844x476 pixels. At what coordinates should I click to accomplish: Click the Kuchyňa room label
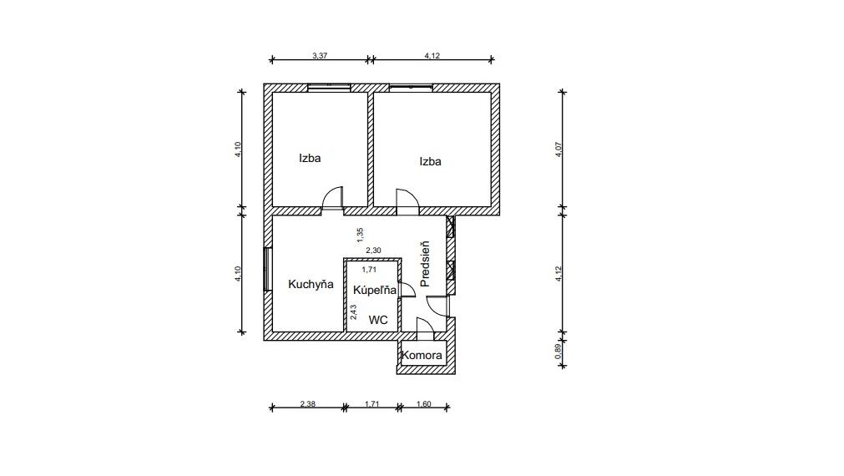coord(311,284)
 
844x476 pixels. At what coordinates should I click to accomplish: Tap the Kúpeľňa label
coord(374,291)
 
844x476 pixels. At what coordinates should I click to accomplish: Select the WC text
coord(378,319)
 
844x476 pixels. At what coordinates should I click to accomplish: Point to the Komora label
coord(422,355)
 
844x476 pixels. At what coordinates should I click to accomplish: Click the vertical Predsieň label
coord(424,264)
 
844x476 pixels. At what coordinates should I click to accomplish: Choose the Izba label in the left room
coord(311,157)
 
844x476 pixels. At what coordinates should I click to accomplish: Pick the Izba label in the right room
coord(430,161)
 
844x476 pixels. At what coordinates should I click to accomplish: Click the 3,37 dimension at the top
coord(319,55)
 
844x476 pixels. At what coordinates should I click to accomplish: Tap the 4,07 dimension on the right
coord(558,149)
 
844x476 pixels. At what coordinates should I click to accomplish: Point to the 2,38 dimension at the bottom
coord(307,404)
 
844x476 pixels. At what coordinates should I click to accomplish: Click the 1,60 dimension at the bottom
coord(423,404)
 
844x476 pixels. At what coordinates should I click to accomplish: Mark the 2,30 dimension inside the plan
coord(373,249)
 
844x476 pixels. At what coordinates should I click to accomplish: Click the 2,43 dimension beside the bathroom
coord(354,311)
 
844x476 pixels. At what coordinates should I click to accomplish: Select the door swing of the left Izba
coord(333,196)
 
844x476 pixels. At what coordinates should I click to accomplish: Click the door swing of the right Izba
coord(407,199)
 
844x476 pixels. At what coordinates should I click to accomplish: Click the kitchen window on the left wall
coord(267,269)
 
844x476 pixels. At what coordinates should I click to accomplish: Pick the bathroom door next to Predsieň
coord(407,289)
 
